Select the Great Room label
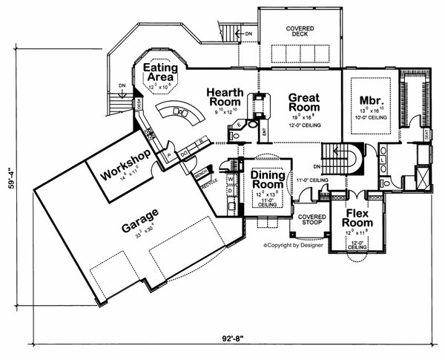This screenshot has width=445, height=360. click(303, 101)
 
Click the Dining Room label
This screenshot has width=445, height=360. click(267, 179)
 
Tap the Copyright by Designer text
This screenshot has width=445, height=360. click(293, 244)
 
